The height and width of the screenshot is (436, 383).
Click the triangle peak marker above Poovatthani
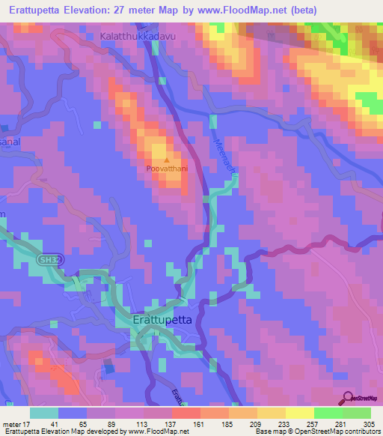pyautogui.click(x=166, y=159)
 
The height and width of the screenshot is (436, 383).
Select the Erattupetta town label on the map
pyautogui.click(x=162, y=319)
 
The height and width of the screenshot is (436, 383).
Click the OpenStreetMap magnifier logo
pyautogui.click(x=349, y=399)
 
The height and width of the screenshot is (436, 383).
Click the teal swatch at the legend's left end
pyautogui.click(x=44, y=413)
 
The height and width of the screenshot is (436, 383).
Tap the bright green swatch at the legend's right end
pyautogui.click(x=357, y=413)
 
